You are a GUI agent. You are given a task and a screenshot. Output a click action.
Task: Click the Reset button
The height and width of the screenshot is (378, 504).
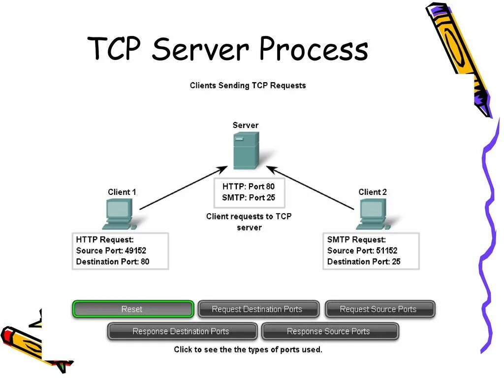(132, 309)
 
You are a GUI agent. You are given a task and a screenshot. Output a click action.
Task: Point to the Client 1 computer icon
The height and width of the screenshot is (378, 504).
(118, 215)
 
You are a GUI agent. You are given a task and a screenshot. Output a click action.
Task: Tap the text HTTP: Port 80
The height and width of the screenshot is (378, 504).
(249, 187)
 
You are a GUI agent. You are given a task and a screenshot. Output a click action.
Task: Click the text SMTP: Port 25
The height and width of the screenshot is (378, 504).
(249, 198)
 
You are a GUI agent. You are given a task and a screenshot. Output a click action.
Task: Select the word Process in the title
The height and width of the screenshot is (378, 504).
(313, 50)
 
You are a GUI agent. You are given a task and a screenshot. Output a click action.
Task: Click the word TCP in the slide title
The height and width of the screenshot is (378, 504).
(116, 50)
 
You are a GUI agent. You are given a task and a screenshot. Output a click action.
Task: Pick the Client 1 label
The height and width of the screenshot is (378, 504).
(122, 192)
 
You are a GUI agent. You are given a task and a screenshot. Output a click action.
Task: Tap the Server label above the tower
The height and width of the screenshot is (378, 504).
(245, 125)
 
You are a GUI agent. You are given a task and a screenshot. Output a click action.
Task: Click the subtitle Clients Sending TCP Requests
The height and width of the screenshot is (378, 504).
(248, 85)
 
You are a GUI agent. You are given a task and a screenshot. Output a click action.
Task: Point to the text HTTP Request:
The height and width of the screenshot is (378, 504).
(105, 240)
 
